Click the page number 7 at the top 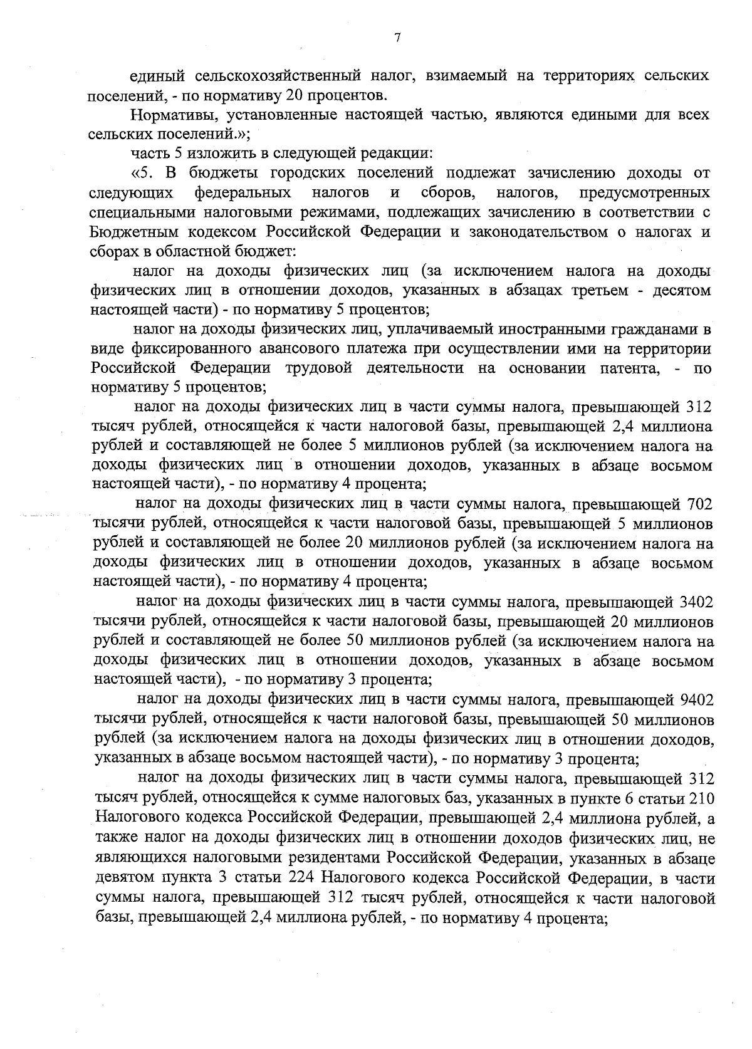coord(397,38)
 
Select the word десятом coord(681,291)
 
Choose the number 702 coord(698,504)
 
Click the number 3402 coord(696,602)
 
